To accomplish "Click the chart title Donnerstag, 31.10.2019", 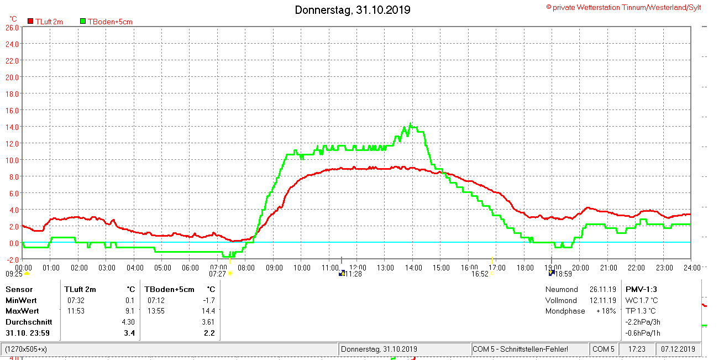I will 352,10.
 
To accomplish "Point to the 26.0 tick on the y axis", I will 12,27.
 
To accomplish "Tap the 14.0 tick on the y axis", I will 12,127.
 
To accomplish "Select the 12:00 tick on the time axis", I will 358,268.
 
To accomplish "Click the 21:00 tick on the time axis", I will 608,268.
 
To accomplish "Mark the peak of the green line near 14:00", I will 410,124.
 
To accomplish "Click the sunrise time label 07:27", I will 218,274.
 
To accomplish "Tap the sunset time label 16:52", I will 480,274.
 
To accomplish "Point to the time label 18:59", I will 563,274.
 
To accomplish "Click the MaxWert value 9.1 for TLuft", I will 130,311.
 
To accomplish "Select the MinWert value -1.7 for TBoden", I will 209,300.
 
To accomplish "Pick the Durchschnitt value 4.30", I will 128,322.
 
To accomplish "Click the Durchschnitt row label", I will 29,322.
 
